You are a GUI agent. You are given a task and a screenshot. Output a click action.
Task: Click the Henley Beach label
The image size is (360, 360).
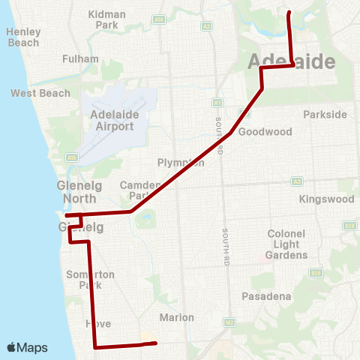pyautogui.click(x=22, y=37)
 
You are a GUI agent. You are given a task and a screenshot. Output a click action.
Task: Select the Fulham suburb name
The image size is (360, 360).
pyautogui.click(x=81, y=58)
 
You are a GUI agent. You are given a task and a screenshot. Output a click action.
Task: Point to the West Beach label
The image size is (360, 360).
pyautogui.click(x=40, y=94)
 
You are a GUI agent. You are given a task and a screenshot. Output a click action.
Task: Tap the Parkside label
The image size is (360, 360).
pyautogui.click(x=325, y=115)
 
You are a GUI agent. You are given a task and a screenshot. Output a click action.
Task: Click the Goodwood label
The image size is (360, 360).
pyautogui.click(x=265, y=132)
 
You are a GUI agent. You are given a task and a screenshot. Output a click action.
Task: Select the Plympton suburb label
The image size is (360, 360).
pyautogui.click(x=180, y=163)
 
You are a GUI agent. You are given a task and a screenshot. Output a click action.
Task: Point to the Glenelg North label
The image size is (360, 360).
pyautogui.click(x=76, y=192)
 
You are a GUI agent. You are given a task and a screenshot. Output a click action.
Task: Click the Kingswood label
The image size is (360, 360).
pyautogui.click(x=326, y=199)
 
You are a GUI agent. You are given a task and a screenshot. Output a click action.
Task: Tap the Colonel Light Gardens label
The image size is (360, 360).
pyautogui.click(x=288, y=244)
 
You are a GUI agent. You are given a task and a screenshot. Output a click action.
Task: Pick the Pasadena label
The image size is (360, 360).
pyautogui.click(x=266, y=297)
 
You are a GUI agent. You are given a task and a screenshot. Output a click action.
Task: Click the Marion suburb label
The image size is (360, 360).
pyautogui.click(x=176, y=317)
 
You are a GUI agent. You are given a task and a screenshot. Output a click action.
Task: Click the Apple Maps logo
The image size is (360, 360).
pyautogui.click(x=27, y=347)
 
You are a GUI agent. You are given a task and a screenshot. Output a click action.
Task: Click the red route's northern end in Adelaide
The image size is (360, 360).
pyautogui.click(x=289, y=13)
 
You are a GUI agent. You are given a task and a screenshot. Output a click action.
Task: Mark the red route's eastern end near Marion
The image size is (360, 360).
pyautogui.click(x=154, y=343)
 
